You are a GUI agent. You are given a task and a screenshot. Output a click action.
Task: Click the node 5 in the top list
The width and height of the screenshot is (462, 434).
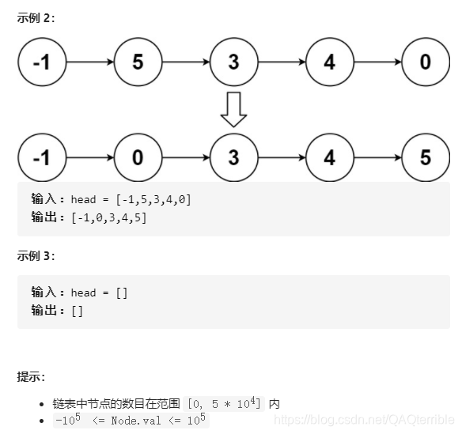point(138,62)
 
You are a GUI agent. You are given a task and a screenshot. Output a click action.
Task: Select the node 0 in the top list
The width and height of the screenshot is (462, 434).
point(425,62)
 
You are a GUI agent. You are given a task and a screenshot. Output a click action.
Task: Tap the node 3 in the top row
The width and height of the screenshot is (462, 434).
point(233,62)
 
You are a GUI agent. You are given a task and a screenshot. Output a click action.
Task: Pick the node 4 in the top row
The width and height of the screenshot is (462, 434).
point(329,62)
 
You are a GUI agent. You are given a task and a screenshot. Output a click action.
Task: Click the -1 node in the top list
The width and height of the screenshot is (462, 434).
point(42,62)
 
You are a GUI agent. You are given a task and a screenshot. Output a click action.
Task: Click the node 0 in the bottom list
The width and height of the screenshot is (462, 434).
point(138,157)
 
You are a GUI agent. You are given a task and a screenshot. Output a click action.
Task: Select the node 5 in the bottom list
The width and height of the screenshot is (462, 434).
point(425,157)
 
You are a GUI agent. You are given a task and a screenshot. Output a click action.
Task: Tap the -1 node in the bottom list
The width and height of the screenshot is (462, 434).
point(42,157)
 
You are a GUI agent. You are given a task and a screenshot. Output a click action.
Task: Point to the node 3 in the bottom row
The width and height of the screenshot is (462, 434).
point(233,157)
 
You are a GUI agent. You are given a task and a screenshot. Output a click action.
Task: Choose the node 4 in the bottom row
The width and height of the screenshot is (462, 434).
point(329,157)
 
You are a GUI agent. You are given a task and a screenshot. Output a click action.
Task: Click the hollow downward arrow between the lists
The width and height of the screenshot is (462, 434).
point(233,110)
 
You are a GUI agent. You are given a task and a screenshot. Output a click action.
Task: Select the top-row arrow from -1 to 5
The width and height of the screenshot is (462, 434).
point(89,62)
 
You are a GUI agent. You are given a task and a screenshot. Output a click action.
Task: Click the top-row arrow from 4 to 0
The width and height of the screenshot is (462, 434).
point(377,62)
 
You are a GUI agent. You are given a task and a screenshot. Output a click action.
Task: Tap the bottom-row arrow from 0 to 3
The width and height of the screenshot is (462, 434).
point(185,157)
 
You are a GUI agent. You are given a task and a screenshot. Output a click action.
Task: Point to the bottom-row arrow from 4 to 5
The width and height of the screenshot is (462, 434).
point(377,157)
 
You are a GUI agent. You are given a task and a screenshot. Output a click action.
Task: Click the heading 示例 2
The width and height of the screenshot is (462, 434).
point(36,17)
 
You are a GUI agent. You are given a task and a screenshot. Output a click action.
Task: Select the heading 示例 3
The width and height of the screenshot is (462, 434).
point(36,255)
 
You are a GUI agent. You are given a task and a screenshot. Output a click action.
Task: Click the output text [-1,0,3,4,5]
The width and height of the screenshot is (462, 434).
point(109,217)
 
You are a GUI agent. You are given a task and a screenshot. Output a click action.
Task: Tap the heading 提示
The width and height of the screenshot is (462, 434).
point(31,376)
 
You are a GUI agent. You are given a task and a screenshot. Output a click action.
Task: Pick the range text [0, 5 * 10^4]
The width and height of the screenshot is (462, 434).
point(225,404)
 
